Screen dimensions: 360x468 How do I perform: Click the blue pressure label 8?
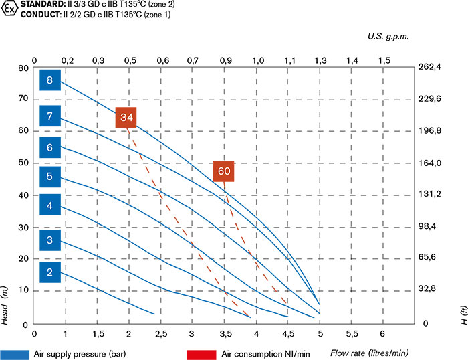pyautogui.click(x=50, y=81)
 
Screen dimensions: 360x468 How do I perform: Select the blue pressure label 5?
pyautogui.click(x=50, y=177)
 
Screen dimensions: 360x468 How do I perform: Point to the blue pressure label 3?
pyautogui.click(x=50, y=240)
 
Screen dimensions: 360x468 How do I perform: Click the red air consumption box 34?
pyautogui.click(x=127, y=118)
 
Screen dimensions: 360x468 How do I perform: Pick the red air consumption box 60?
pyautogui.click(x=224, y=171)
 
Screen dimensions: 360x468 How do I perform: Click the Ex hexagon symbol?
pyautogui.click(x=9, y=10)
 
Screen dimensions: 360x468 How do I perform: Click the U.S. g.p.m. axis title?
pyautogui.click(x=387, y=37)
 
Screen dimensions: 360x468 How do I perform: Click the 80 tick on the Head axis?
pyautogui.click(x=24, y=68)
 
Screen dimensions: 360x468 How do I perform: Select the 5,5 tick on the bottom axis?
pyautogui.click(x=352, y=333)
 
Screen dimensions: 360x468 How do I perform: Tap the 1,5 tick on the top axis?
pyautogui.click(x=384, y=60)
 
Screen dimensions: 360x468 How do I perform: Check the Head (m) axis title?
pyautogui.click(x=5, y=304)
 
